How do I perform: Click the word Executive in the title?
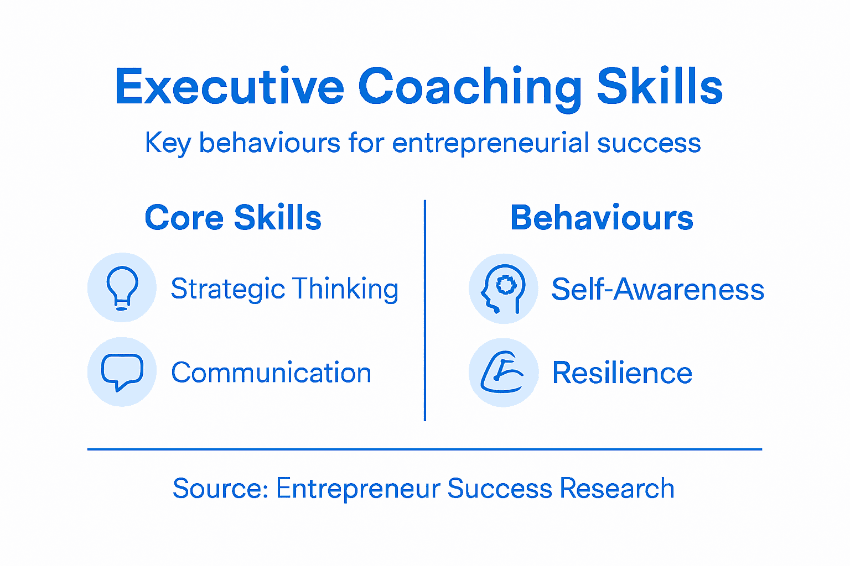click(x=230, y=87)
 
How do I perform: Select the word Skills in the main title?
click(x=660, y=87)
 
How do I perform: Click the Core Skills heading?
click(x=233, y=218)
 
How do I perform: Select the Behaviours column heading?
click(x=602, y=218)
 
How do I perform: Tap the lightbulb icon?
click(x=122, y=287)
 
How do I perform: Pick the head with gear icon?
click(x=503, y=289)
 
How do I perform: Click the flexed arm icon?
click(x=503, y=373)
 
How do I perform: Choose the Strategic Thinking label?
click(x=284, y=289)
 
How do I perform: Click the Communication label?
click(x=271, y=373)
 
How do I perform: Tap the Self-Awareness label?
click(x=657, y=289)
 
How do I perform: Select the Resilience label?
click(x=622, y=373)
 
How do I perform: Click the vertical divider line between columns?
click(x=424, y=310)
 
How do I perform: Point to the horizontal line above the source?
click(x=424, y=449)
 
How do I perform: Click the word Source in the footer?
click(x=220, y=489)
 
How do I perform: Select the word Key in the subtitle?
click(x=168, y=143)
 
